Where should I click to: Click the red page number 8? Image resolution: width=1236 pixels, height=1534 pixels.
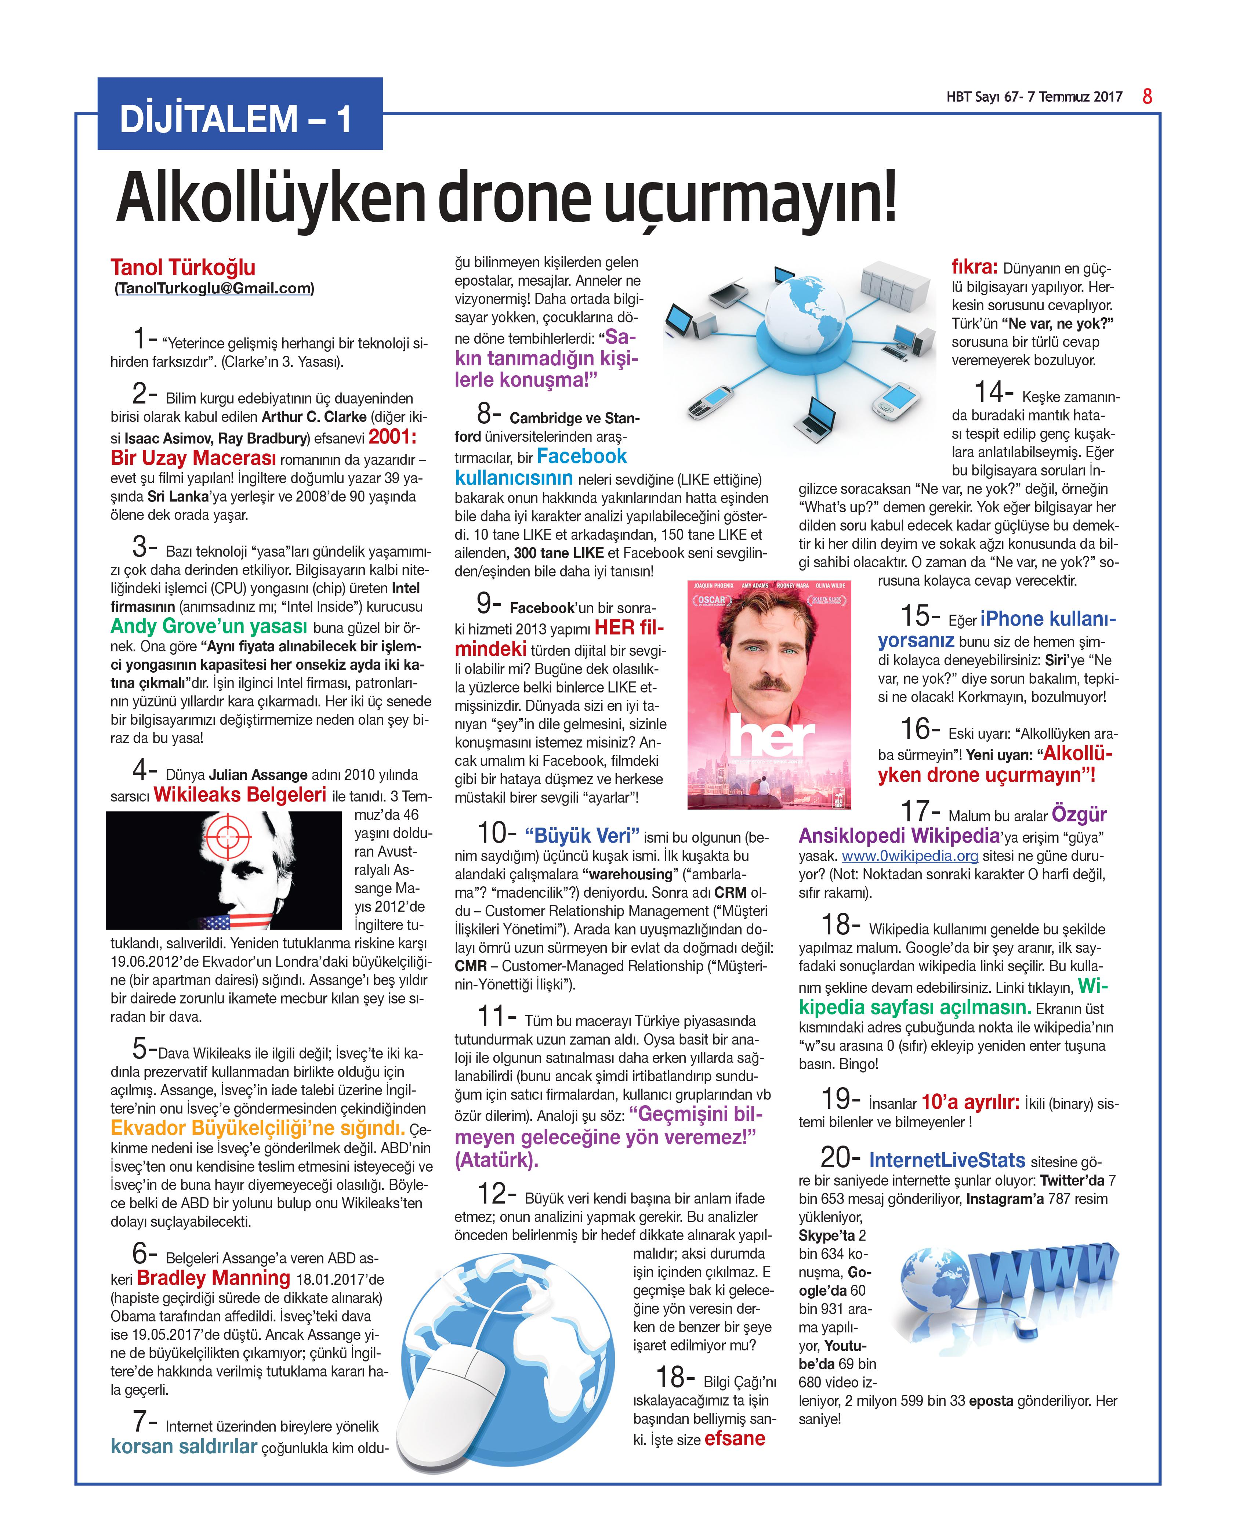pos(1147,96)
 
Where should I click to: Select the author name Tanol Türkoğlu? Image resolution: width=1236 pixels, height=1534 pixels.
pos(183,268)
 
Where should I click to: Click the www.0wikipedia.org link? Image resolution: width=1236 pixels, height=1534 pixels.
pos(909,855)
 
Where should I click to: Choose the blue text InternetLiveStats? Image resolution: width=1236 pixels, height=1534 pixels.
pos(947,1160)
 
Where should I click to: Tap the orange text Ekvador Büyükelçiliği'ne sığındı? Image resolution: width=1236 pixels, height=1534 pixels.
pos(258,1128)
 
